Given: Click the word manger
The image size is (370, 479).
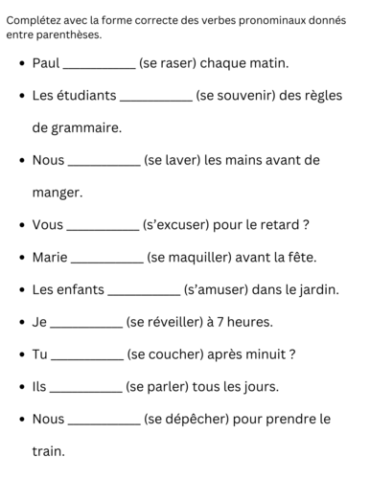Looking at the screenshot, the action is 57,193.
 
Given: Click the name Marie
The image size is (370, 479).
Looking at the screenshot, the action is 50,257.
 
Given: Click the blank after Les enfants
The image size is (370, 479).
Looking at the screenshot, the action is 145,291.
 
